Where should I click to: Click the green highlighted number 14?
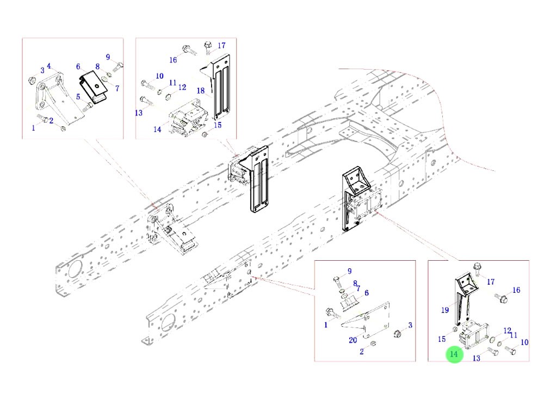pos(454,355)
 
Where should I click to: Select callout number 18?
pos(200,91)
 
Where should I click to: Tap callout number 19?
pos(445,310)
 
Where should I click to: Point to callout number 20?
pos(353,341)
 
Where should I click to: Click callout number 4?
pos(49,66)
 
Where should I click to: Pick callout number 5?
pos(78,97)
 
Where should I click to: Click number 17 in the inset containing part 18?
pos(221,45)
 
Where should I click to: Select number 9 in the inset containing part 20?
pos(350,271)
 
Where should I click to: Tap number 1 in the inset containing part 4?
pos(33,128)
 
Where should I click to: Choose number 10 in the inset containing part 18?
pos(159,76)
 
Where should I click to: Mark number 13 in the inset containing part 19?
pos(476,358)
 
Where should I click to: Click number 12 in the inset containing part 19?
pos(507,331)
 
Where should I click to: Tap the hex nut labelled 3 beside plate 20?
pos(397,333)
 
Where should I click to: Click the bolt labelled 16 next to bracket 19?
pos(502,298)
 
